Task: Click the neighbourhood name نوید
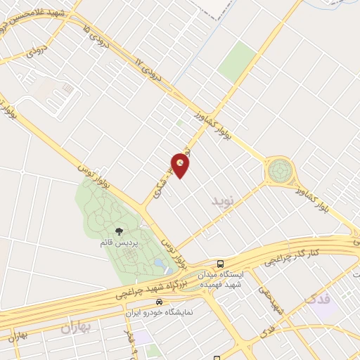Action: tap(221, 201)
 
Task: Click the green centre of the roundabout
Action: tap(279, 169)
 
